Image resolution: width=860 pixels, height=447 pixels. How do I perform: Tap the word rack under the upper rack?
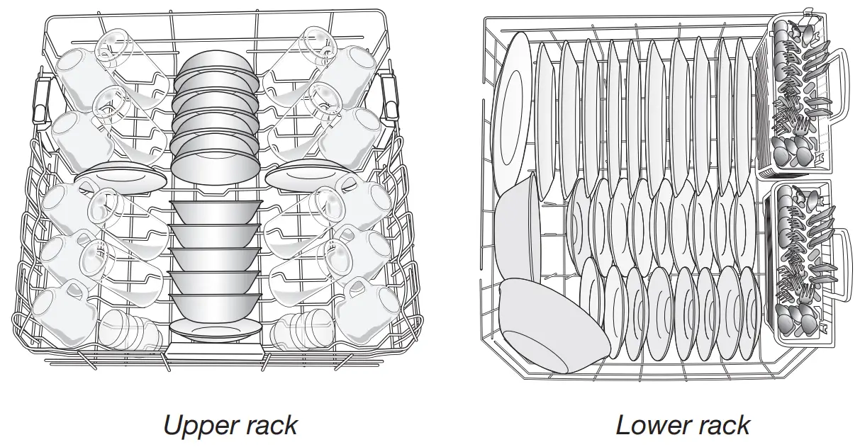(269, 425)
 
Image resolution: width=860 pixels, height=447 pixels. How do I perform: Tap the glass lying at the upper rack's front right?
(301, 329)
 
